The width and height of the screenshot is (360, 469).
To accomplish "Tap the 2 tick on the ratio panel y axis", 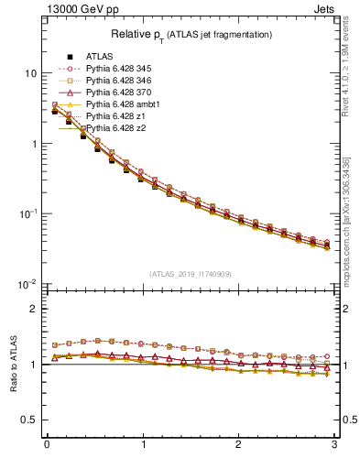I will click(34, 309).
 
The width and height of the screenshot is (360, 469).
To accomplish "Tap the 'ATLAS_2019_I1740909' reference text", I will click(191, 274).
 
